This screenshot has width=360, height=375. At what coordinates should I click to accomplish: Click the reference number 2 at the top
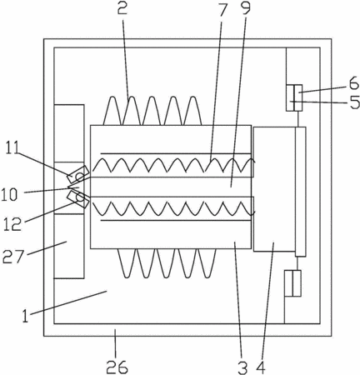tap(122, 8)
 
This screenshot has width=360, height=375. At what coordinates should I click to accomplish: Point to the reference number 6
tap(354, 83)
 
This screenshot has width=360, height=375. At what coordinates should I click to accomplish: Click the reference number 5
tap(354, 102)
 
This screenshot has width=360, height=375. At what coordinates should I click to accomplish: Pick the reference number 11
tap(12, 147)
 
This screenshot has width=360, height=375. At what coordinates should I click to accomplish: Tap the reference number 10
tap(9, 194)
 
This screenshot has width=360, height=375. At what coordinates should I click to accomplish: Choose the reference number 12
tap(12, 224)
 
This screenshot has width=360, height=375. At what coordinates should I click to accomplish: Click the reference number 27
tap(12, 257)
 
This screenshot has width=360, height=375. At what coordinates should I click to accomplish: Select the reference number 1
tap(26, 316)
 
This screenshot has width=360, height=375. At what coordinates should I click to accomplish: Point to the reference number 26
tap(117, 367)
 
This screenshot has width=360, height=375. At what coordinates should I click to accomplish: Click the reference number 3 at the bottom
tap(242, 368)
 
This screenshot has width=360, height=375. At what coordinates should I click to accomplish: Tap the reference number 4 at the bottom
tap(261, 368)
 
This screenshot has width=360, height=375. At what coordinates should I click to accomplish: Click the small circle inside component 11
tap(79, 176)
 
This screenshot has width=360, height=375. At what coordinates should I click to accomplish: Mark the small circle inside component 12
tap(80, 197)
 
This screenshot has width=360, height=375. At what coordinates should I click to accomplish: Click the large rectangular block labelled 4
tap(274, 189)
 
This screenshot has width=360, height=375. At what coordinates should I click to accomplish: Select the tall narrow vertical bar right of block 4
tap(301, 192)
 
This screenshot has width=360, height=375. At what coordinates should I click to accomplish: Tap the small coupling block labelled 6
tap(294, 97)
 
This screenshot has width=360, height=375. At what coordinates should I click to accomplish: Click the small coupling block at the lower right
tap(292, 283)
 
